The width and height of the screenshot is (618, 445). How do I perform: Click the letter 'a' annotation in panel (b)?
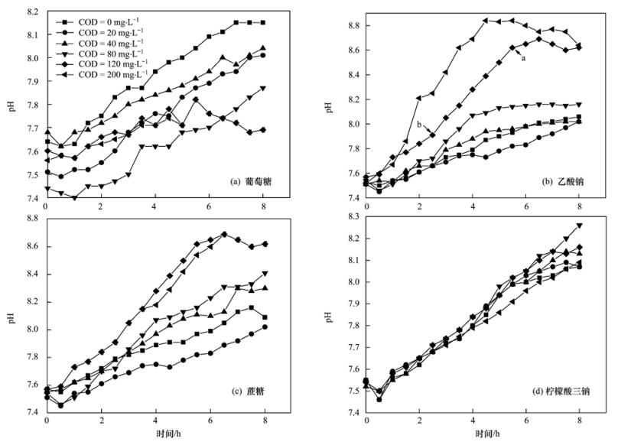[522, 56]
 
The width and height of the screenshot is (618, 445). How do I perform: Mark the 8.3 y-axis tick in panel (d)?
[350, 218]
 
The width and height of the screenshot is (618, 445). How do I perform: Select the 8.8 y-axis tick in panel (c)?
[31, 218]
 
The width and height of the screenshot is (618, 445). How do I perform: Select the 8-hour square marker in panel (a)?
[264, 23]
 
